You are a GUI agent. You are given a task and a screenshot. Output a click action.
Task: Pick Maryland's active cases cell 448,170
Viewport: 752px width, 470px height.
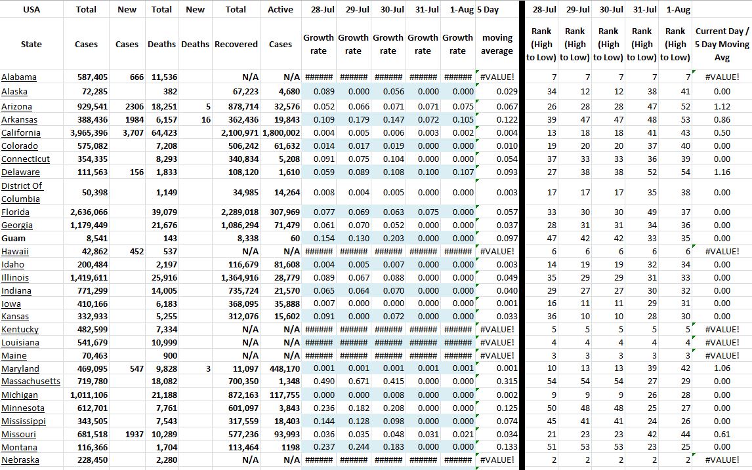(x=284, y=369)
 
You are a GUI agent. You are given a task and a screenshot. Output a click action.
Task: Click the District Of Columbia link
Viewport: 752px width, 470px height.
(x=22, y=192)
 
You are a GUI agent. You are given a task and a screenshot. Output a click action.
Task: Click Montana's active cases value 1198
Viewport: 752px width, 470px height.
(x=288, y=447)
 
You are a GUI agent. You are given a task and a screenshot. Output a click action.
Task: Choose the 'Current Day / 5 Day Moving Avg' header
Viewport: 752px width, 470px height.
(x=719, y=44)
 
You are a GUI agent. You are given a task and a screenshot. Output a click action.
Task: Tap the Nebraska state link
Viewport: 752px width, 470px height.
(x=20, y=460)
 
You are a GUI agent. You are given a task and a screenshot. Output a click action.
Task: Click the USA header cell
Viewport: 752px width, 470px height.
(x=31, y=9)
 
